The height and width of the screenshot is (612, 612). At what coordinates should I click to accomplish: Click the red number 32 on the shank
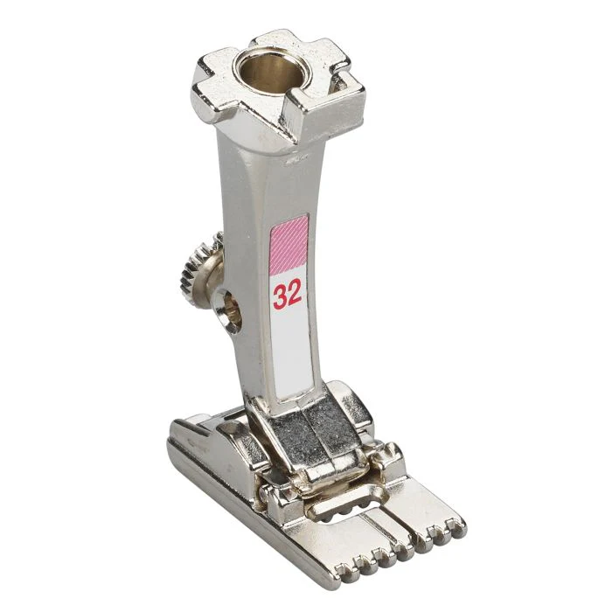tap(287, 295)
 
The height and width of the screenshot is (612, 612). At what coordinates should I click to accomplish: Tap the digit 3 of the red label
tap(280, 295)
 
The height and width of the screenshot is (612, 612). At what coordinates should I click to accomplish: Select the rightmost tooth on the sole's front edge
tap(456, 525)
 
